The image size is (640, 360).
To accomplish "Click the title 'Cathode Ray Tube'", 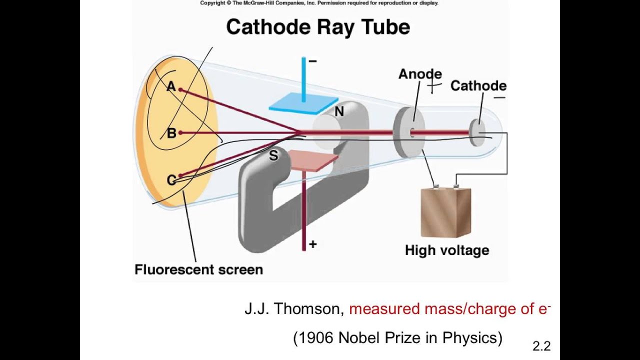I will [x=318, y=26].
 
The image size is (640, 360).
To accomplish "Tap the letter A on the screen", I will [x=171, y=86].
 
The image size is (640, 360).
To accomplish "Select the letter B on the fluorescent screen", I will [x=171, y=133].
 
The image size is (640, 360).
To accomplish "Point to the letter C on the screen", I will [x=171, y=180].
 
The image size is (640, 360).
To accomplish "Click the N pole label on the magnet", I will [x=339, y=112].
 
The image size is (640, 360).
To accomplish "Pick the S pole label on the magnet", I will [x=273, y=156].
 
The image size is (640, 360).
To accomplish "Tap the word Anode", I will [x=420, y=74].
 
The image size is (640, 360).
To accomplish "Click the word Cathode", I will [x=478, y=86].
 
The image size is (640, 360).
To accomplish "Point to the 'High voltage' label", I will [x=447, y=250].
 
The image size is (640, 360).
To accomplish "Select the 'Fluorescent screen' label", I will [x=198, y=269].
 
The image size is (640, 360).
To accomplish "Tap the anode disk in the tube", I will [x=408, y=132].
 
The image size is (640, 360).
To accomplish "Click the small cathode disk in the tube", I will [x=477, y=132].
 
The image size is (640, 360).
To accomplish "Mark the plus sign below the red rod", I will [x=312, y=244].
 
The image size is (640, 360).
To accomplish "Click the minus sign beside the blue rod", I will [x=312, y=61].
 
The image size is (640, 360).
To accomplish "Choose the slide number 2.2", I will [x=541, y=345].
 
